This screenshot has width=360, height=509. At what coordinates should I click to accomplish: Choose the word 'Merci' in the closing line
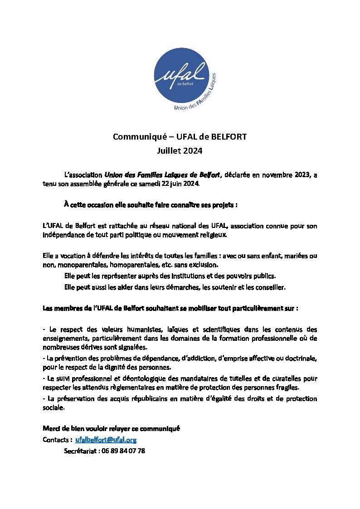tap(51, 428)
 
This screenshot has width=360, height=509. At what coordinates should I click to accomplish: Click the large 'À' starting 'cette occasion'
tap(66, 204)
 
